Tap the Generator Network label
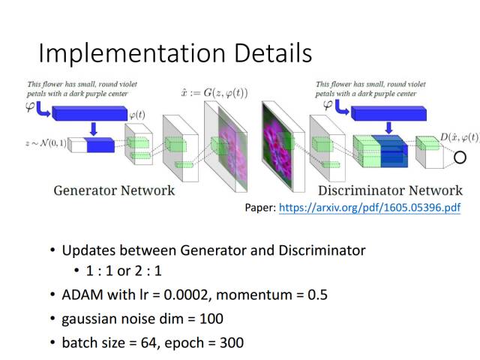pos(114,190)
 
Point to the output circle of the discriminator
pos(460,157)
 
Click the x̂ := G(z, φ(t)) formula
pos(213,93)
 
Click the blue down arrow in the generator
pos(94,128)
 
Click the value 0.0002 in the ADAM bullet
pos(181,295)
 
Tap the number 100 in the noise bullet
pos(211,319)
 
